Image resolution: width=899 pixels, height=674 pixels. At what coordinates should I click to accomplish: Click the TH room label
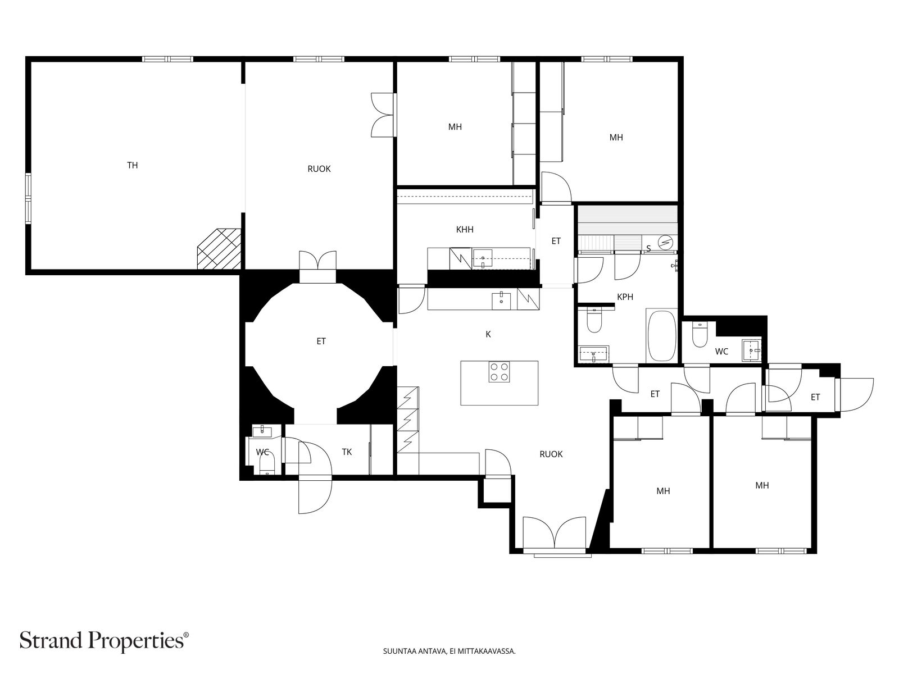click(132, 165)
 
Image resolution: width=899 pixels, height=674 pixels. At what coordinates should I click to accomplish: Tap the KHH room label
click(465, 230)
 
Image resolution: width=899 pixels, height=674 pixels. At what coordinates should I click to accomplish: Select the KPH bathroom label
click(625, 297)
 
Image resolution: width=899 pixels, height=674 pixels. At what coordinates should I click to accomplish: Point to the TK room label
click(347, 452)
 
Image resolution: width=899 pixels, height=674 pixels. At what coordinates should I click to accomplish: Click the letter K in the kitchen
click(488, 334)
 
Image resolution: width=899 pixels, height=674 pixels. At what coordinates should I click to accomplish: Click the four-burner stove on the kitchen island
click(500, 372)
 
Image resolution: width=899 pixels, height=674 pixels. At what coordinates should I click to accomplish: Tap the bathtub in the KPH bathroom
click(661, 335)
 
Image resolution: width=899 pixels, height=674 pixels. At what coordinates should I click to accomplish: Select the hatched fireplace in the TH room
click(219, 248)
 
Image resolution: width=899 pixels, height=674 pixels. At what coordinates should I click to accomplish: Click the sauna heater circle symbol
click(666, 243)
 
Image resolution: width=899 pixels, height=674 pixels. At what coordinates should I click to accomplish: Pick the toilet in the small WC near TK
click(267, 465)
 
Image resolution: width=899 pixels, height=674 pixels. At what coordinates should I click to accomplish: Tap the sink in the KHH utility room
click(483, 258)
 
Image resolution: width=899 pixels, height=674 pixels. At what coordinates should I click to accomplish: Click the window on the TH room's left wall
click(28, 198)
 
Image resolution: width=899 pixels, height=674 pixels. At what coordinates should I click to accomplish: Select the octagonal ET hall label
click(321, 341)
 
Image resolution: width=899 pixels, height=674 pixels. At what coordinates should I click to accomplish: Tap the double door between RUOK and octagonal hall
click(317, 261)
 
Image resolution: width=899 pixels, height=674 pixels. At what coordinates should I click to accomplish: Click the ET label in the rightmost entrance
click(815, 397)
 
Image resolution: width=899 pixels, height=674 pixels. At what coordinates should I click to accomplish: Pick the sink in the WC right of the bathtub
click(752, 350)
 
